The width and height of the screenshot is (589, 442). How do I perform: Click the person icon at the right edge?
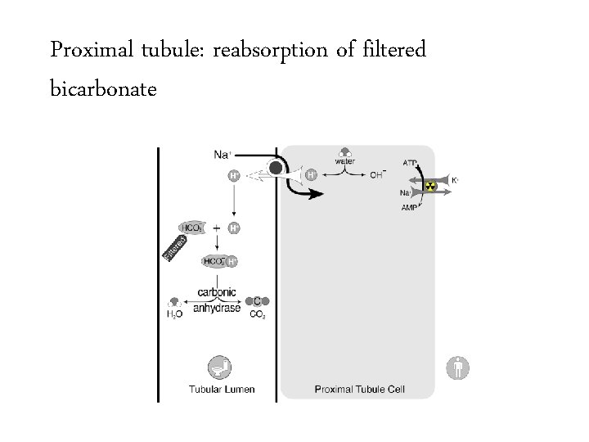458,368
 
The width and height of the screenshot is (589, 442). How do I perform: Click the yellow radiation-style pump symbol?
429,185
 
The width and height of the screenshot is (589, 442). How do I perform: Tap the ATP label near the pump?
411,163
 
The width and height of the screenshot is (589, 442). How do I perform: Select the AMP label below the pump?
410,208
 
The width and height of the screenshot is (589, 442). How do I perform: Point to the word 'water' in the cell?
344,161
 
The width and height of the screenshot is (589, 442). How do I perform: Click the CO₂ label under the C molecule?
258,313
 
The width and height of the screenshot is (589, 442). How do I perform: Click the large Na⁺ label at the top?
223,154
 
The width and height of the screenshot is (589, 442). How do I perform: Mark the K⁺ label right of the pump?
455,180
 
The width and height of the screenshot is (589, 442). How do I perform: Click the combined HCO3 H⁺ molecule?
219,261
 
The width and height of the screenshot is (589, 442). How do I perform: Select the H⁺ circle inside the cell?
311,174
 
